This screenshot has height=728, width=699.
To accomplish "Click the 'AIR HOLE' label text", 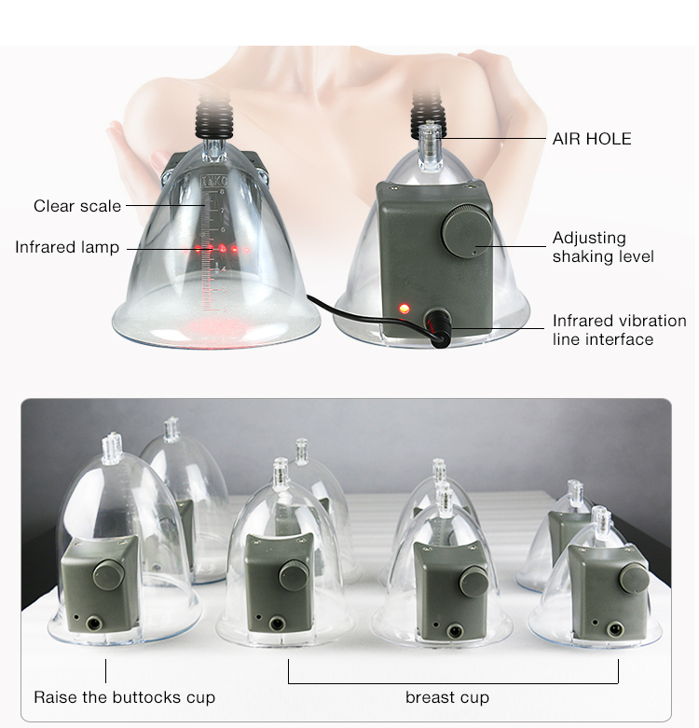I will tap(592, 139).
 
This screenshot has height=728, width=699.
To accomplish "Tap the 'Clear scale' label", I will tap(77, 206).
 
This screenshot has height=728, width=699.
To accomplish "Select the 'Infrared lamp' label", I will tap(67, 248).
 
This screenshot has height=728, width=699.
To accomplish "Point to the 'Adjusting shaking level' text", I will tap(603, 247).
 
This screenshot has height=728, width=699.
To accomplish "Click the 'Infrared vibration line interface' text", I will tap(619, 330).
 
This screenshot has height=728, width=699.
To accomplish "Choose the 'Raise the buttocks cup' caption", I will tap(124, 697).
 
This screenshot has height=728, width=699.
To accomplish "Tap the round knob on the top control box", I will tap(462, 229).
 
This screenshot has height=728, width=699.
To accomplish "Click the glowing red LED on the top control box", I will tap(404, 307).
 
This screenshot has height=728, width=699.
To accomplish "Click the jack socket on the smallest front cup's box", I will tap(614, 631).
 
